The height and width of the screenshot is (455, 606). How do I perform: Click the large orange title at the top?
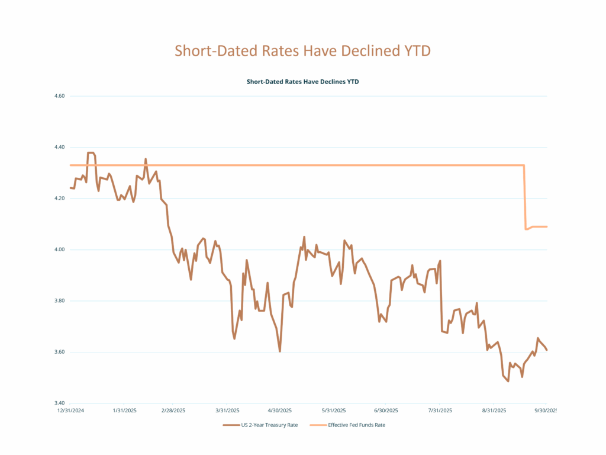(302, 51)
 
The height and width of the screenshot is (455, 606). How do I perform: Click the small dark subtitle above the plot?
(302, 82)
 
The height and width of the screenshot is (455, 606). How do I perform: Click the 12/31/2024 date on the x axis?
(70, 410)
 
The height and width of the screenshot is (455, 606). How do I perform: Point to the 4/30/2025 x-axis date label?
(279, 410)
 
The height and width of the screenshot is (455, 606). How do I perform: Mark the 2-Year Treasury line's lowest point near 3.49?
(508, 381)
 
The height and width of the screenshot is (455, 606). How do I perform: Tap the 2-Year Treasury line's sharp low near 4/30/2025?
(280, 351)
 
